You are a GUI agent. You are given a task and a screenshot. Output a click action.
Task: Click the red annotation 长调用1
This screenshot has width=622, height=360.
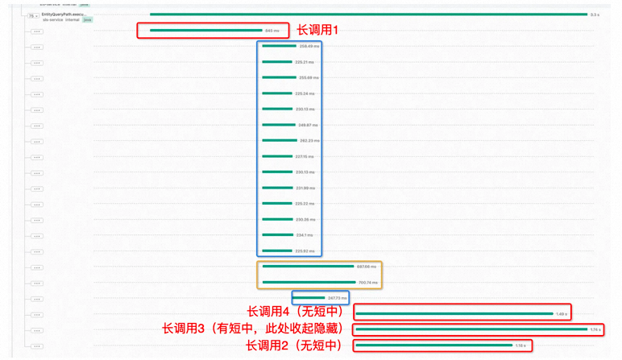(x=319, y=30)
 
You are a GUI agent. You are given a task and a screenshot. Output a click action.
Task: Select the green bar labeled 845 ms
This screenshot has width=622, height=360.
(x=206, y=31)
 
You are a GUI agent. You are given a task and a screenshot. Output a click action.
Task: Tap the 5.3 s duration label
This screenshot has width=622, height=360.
(x=595, y=14)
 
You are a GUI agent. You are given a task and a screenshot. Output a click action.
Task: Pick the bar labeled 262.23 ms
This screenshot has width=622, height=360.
(x=279, y=140)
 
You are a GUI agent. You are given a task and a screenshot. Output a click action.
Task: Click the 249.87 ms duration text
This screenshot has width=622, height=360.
(x=309, y=125)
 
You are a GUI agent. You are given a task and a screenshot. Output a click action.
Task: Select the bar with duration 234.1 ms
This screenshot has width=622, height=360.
(x=277, y=234)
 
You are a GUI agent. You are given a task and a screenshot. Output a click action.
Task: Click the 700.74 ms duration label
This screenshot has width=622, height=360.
(x=368, y=282)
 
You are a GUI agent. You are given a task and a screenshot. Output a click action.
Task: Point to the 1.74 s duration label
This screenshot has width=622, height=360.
(x=595, y=329)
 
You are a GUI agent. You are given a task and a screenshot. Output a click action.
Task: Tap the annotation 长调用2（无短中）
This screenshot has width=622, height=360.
(x=295, y=346)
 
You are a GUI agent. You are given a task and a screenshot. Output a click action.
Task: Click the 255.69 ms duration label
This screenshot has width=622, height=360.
(x=309, y=77)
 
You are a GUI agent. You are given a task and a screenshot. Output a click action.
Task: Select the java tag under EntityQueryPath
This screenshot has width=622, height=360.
(x=88, y=19)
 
